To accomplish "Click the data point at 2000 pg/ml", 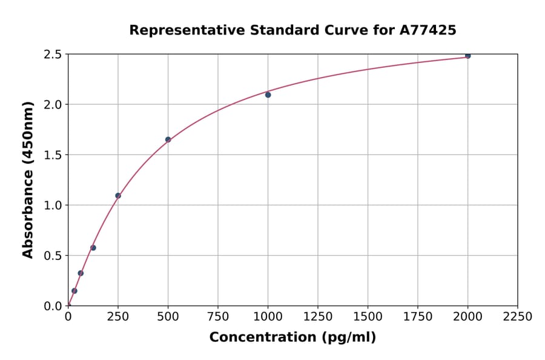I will coord(467,56).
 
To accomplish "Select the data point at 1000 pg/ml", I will coord(268,95).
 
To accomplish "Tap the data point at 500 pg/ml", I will coord(168,139).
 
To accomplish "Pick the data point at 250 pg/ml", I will coord(118,196).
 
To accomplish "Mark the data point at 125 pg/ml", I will coord(93,248).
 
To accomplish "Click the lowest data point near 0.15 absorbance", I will coord(74,291).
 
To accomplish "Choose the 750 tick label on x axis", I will coord(218,317).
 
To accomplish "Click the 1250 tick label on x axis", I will coord(317,317).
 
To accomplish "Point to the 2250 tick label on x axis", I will coord(517,317).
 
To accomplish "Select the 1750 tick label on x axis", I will coord(417,317).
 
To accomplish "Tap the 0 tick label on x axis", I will coord(68,317).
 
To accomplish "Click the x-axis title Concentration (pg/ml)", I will coord(292,338).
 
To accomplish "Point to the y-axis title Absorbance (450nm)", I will coord(28,180).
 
